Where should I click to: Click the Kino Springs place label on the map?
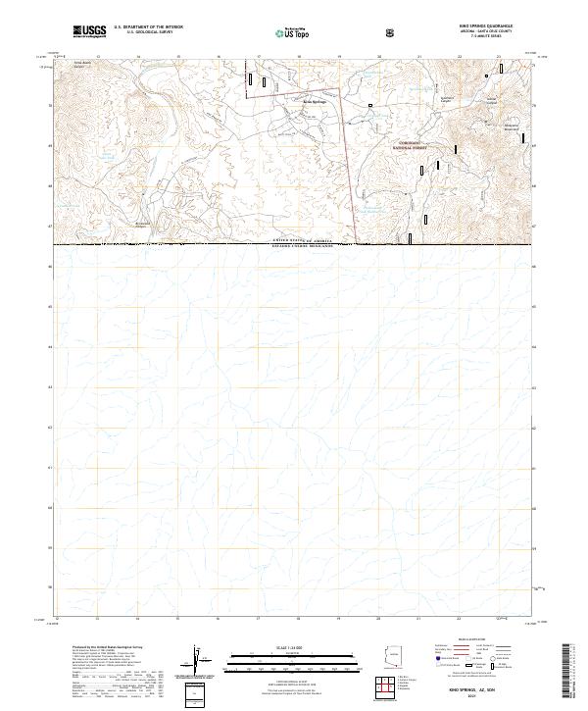313,101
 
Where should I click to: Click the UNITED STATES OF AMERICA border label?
293,240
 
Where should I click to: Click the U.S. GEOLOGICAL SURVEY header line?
143,32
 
